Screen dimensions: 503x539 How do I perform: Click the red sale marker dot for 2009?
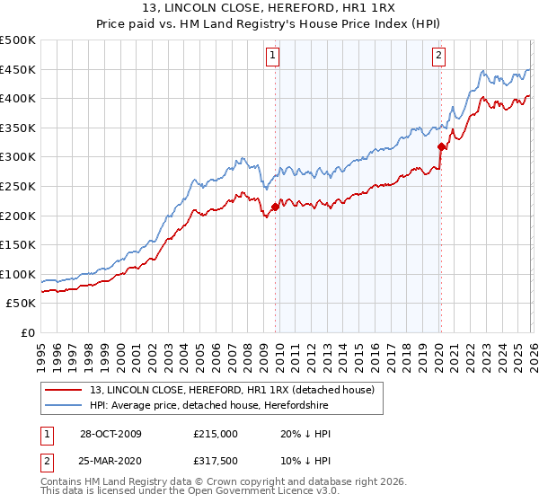(275, 207)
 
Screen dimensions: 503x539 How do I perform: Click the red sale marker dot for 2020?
(441, 146)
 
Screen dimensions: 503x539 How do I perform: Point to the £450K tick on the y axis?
(18, 70)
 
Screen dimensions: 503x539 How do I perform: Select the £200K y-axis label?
(18, 216)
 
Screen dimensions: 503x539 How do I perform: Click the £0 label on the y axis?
(27, 332)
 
